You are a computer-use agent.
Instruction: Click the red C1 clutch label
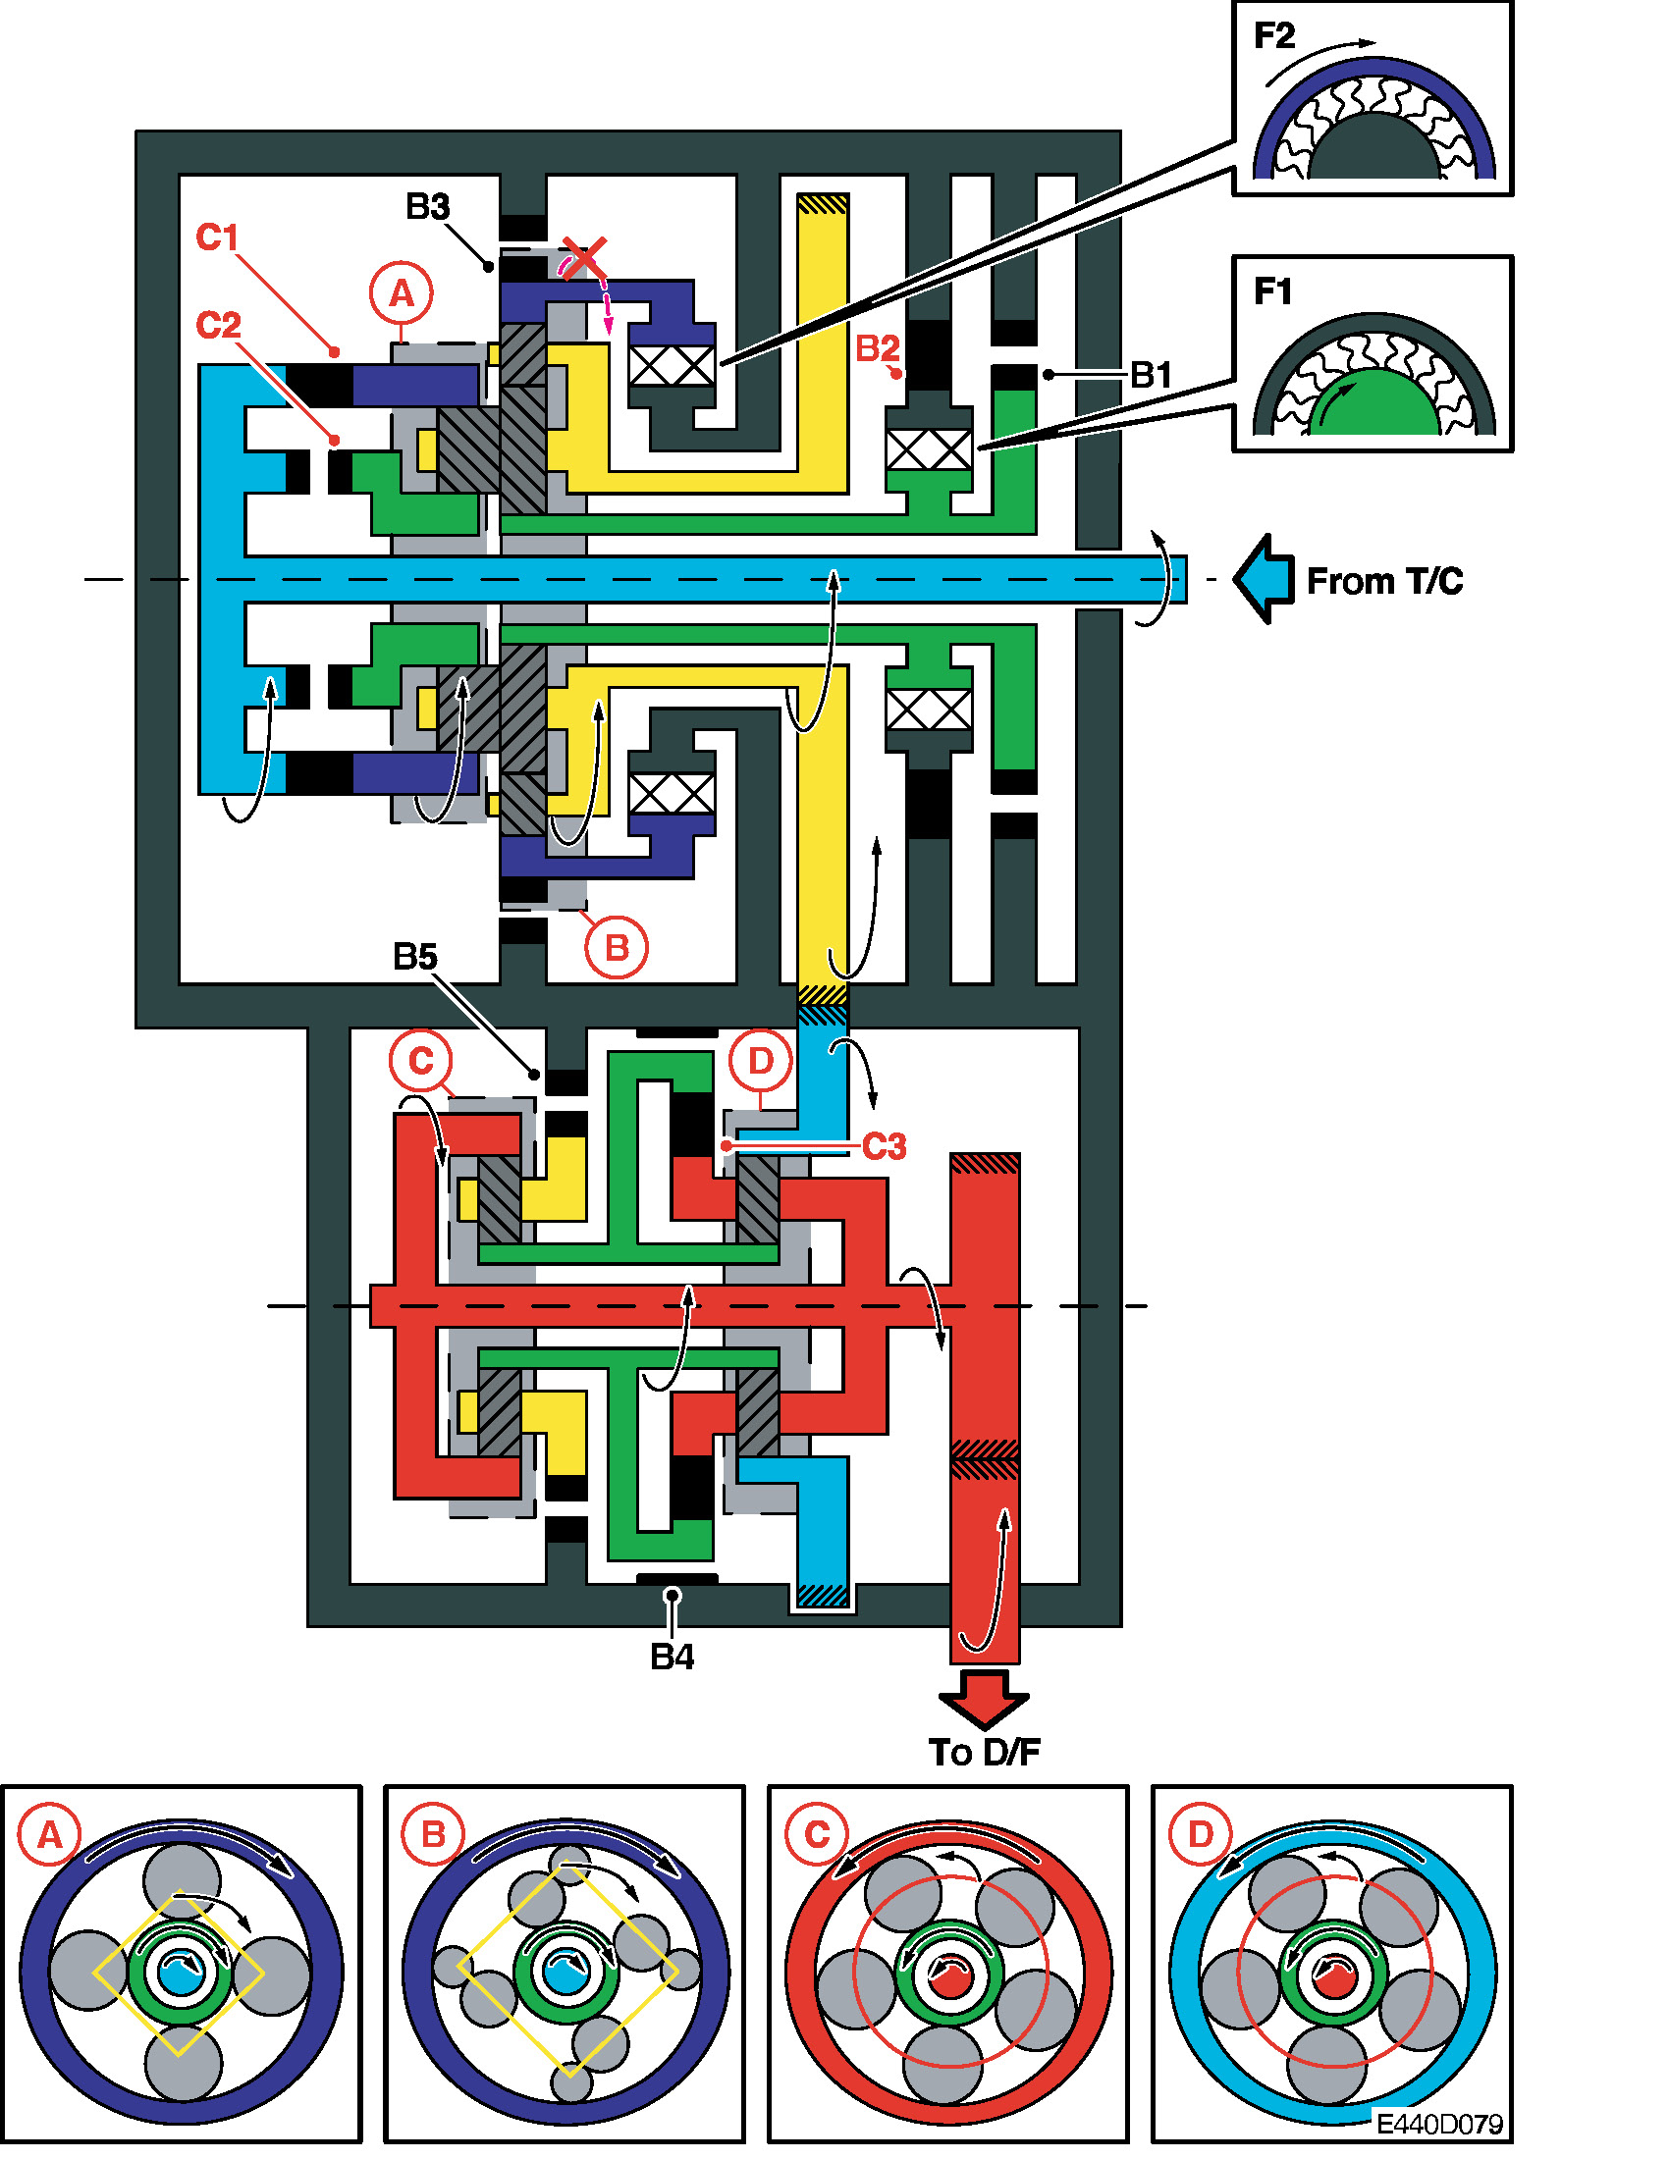[218, 237]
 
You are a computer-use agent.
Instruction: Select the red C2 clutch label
[219, 325]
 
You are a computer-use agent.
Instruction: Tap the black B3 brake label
[427, 207]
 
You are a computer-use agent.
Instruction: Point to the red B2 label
[877, 348]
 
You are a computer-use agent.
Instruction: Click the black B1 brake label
[1151, 375]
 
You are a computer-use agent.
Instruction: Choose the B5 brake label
[414, 956]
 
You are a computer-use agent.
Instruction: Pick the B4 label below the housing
[672, 1657]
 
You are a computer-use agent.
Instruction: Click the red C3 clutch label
[884, 1146]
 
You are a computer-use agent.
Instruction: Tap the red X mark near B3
[584, 257]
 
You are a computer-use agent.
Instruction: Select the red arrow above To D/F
[984, 1700]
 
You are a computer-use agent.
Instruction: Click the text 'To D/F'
[985, 1753]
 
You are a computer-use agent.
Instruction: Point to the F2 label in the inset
[1273, 36]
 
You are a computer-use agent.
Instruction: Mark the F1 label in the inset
[1272, 291]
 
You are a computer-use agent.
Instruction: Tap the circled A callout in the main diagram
[402, 293]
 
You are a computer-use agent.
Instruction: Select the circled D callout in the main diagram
[760, 1061]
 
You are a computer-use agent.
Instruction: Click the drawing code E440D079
[1439, 2124]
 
